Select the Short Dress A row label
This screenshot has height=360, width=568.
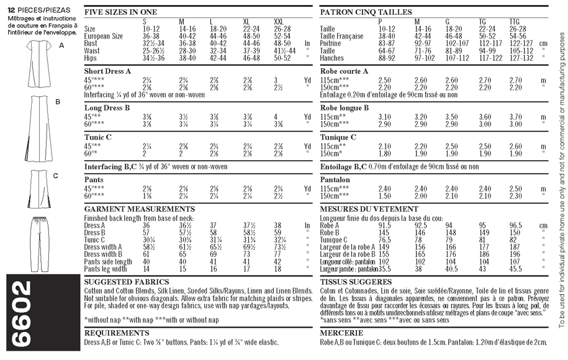click(107, 71)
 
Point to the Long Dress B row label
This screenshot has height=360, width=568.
click(107, 107)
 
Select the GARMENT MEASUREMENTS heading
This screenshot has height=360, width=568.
click(139, 209)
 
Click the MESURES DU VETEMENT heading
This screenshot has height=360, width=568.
click(369, 209)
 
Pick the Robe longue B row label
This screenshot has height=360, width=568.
click(345, 107)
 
